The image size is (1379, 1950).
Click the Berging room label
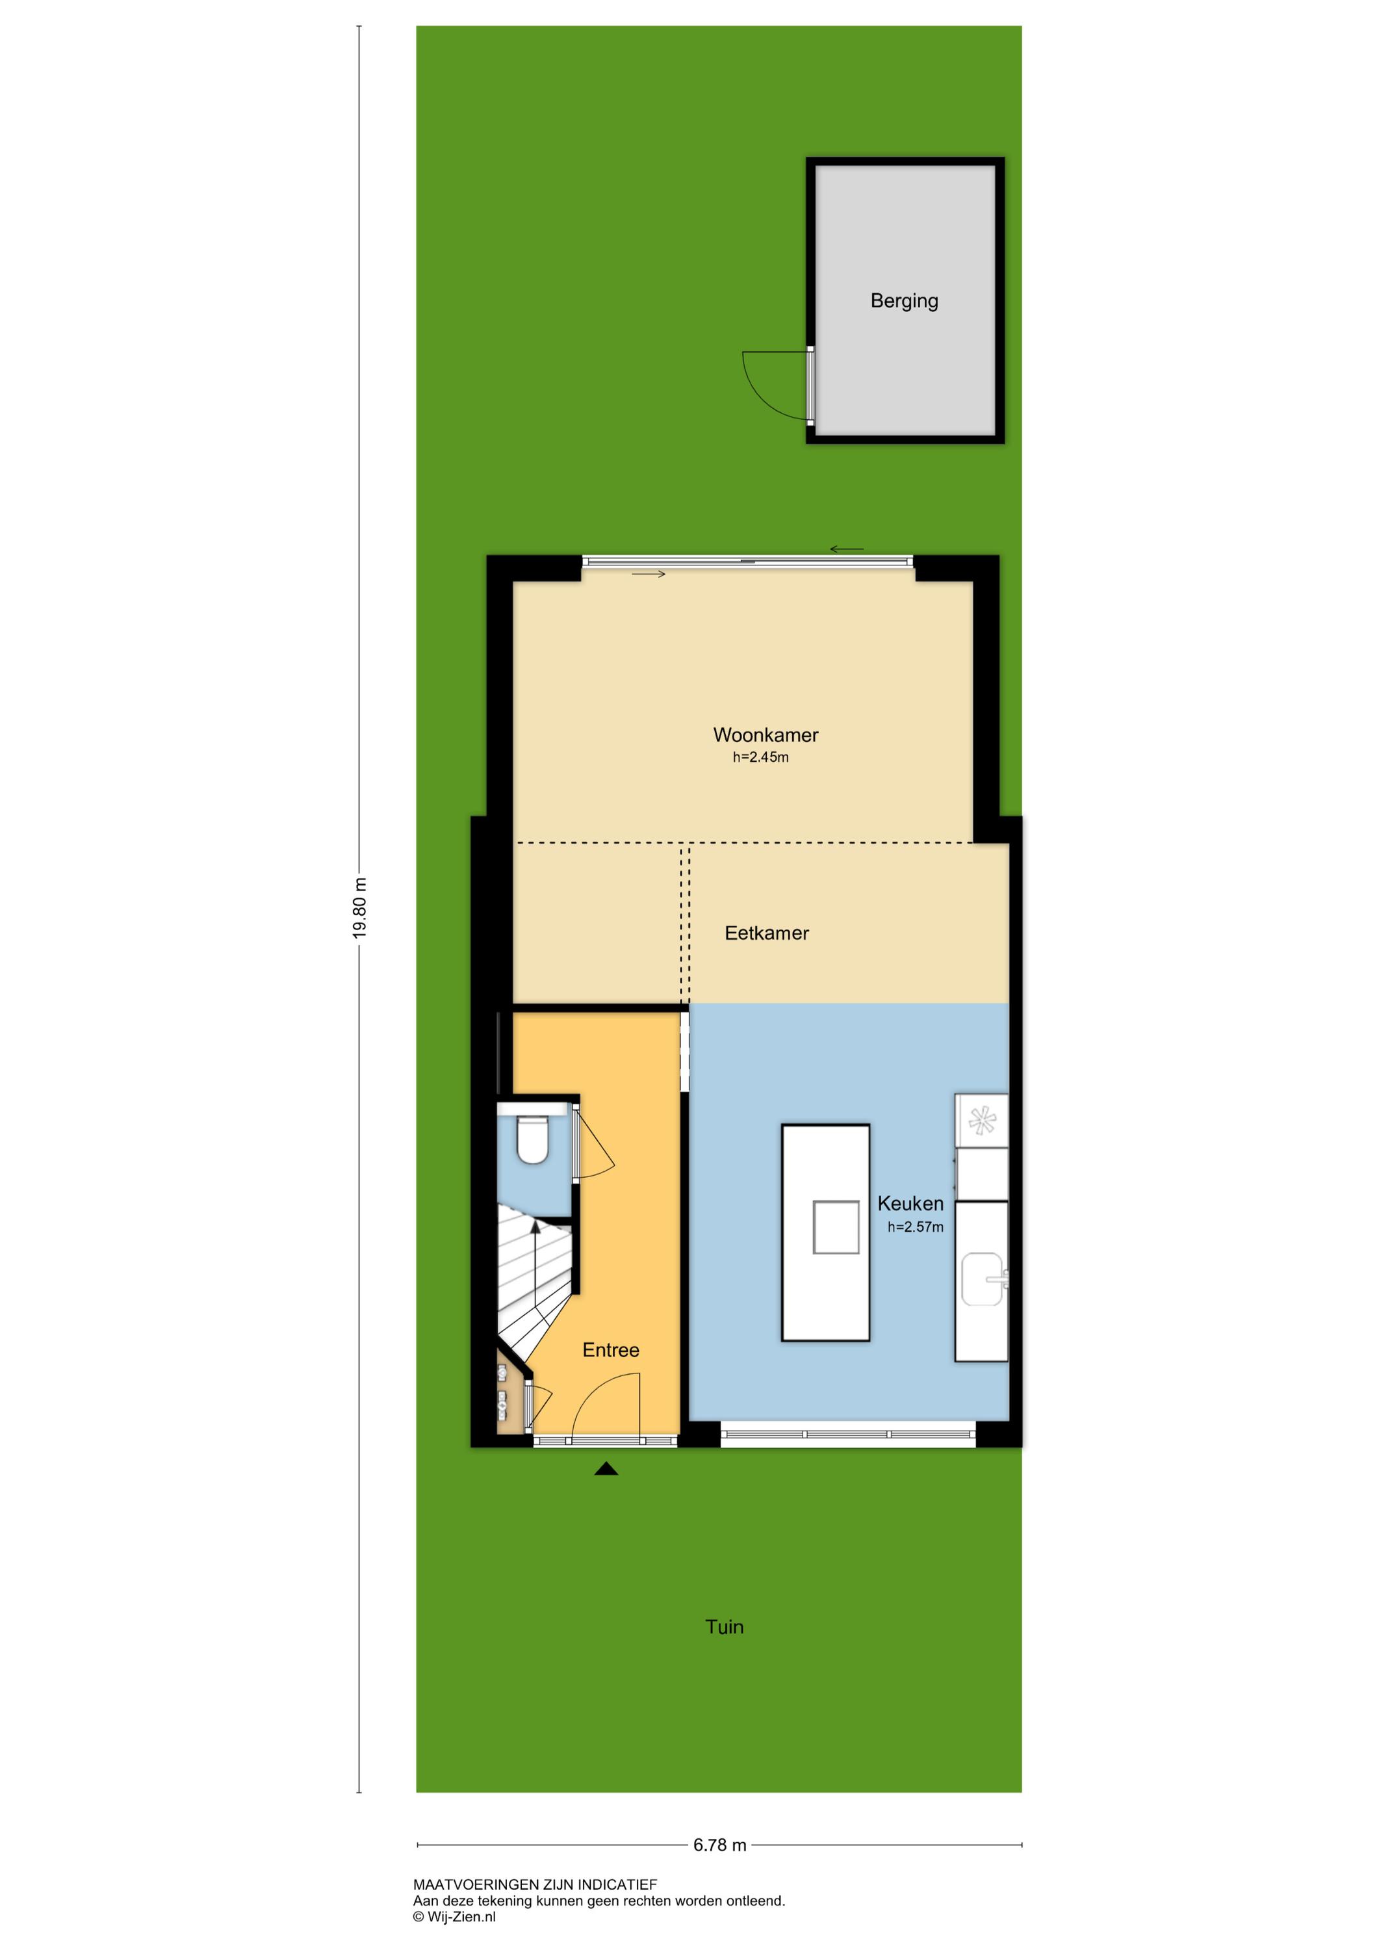point(905,301)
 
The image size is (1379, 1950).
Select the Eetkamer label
point(767,933)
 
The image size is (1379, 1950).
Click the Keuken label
point(910,1203)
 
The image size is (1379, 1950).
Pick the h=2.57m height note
point(916,1227)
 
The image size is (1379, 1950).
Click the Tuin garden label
point(725,1626)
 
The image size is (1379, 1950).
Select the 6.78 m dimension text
point(720,1845)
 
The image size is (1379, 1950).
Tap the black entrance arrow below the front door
point(606,1468)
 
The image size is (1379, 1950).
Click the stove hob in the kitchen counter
point(981,1121)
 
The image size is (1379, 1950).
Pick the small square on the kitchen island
point(836,1227)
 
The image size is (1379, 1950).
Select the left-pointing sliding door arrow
point(847,549)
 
